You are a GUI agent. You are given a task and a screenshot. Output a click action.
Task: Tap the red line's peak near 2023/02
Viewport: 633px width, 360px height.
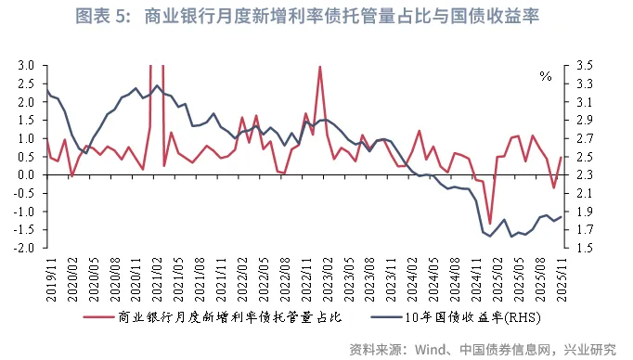[320, 67]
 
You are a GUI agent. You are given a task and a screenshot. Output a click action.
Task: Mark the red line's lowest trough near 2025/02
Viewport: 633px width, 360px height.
[489, 224]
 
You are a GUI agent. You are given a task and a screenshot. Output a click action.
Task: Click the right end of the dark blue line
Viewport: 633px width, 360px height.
[562, 217]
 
